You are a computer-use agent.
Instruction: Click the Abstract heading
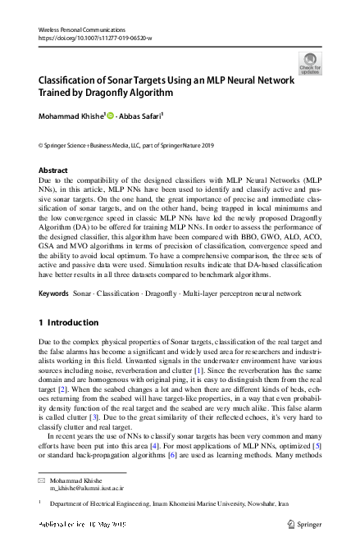click(53, 171)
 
